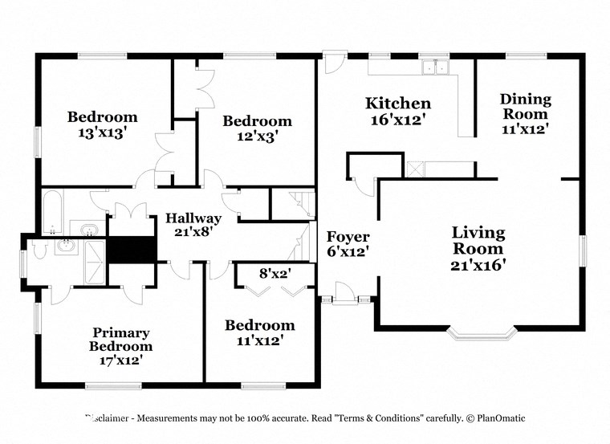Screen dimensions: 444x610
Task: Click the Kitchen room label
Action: pos(398,103)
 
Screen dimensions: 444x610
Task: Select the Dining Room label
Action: pos(526,107)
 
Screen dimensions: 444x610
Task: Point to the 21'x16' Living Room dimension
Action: pos(478,264)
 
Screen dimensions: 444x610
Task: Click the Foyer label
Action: pos(348,237)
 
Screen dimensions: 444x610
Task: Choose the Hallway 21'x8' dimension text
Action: pos(193,234)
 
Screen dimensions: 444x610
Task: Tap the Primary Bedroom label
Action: pos(121,340)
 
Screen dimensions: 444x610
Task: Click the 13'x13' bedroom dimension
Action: pos(102,132)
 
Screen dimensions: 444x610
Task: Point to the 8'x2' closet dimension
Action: pos(273,273)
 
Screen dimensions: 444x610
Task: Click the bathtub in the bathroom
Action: pos(54,213)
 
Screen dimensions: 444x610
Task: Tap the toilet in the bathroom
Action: pos(65,247)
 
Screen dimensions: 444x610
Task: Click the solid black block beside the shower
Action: pos(130,249)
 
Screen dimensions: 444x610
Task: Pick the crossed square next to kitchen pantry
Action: pos(416,169)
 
